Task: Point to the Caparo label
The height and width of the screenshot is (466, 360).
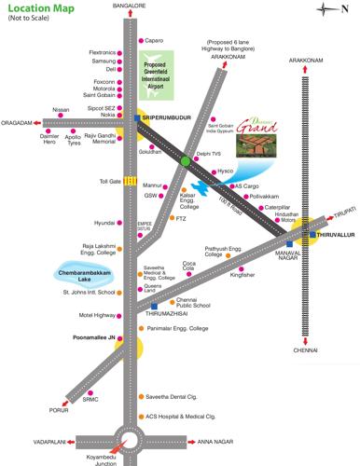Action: (154, 40)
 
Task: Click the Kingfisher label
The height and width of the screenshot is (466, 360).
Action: (242, 275)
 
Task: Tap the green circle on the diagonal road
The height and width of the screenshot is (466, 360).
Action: (186, 160)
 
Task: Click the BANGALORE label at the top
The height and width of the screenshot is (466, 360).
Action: (130, 6)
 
